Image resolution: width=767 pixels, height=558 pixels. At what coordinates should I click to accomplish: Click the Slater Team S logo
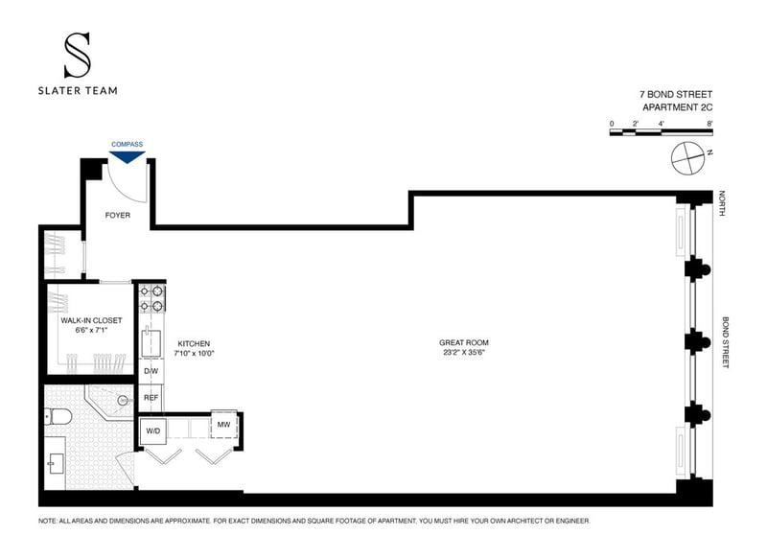[78, 55]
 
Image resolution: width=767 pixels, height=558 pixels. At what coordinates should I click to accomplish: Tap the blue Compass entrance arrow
[128, 157]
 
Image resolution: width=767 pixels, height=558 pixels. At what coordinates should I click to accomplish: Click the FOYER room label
[118, 215]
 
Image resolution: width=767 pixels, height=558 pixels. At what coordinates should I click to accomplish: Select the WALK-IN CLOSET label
[91, 320]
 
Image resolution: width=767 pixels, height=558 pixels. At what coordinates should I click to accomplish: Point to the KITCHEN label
[194, 344]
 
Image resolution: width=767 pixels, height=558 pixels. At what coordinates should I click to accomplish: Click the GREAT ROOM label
[464, 343]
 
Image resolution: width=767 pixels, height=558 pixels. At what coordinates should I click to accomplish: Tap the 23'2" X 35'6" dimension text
[464, 352]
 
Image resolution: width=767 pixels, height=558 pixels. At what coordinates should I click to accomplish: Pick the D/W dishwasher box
[151, 371]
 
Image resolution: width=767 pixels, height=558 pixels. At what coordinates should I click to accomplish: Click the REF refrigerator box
[151, 398]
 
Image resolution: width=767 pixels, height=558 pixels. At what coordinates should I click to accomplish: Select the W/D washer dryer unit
[153, 430]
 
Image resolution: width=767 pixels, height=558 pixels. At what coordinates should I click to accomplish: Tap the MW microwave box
[223, 425]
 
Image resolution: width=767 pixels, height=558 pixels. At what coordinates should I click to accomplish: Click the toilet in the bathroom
[58, 417]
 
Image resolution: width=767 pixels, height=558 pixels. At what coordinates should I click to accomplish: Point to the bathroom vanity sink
[56, 464]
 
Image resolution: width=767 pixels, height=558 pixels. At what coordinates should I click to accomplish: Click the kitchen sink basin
[151, 343]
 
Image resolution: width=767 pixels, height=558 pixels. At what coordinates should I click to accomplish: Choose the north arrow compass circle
[687, 158]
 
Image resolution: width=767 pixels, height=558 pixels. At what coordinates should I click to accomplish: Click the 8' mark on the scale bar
[709, 124]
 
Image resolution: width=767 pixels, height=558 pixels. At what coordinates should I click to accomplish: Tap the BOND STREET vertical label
[726, 342]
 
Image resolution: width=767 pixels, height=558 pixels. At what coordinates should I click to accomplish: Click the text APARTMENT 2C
[678, 107]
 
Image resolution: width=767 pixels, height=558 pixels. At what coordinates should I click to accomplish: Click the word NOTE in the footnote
[47, 522]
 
